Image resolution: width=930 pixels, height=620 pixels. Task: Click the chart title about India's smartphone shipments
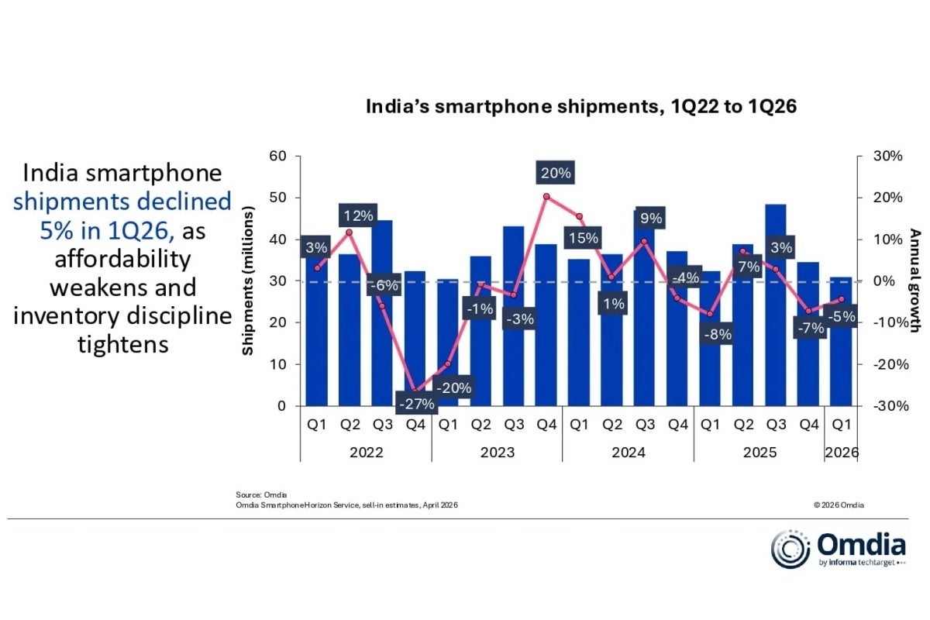[x=581, y=107]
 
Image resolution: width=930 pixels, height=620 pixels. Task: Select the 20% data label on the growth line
[x=555, y=173]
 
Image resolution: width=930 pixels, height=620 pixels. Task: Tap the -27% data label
[x=416, y=403]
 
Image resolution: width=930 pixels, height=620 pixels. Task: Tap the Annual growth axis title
[x=915, y=281]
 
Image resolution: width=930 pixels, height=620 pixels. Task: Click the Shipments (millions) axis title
[x=248, y=281]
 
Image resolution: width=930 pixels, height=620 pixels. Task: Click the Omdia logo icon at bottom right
[x=790, y=549]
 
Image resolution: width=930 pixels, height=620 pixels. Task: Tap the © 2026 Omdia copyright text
[x=839, y=505]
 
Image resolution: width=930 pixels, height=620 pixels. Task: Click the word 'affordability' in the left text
[x=123, y=259]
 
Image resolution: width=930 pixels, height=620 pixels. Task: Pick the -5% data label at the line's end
[x=842, y=315]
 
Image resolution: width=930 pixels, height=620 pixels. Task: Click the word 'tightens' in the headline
[x=123, y=343]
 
